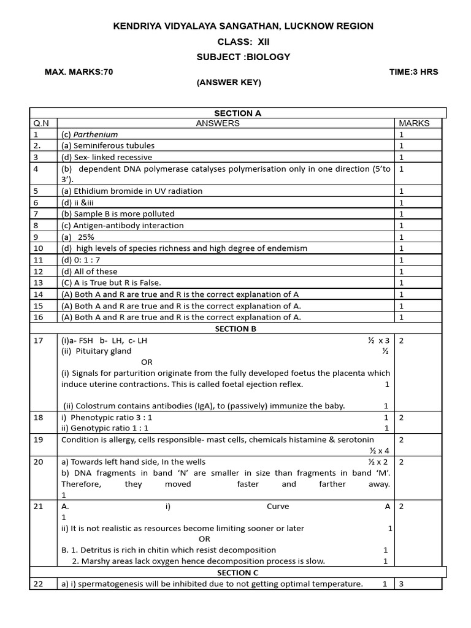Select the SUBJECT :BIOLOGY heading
(x=243, y=57)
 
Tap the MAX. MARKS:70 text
(x=78, y=72)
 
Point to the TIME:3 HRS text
(x=413, y=72)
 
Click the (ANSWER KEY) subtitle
(x=229, y=83)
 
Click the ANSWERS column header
(x=218, y=123)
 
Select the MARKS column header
(x=414, y=123)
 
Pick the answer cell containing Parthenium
(x=90, y=134)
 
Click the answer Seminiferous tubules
(x=107, y=145)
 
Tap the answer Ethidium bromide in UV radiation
(x=131, y=191)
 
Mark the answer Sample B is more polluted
(x=118, y=214)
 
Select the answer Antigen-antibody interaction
(x=122, y=225)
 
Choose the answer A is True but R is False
(x=110, y=283)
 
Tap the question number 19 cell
(x=39, y=440)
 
